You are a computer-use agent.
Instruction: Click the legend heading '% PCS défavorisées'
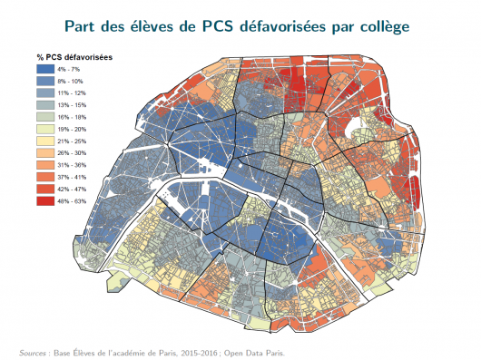point(74,59)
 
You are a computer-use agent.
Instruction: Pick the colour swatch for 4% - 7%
point(44,70)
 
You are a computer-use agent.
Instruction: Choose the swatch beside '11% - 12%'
point(44,93)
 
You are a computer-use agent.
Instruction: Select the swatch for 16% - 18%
point(44,117)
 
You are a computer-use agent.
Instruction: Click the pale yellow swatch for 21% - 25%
point(44,141)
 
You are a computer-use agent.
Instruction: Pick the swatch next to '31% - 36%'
point(44,164)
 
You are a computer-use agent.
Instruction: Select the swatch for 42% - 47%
point(44,188)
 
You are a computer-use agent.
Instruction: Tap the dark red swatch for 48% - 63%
point(44,199)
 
